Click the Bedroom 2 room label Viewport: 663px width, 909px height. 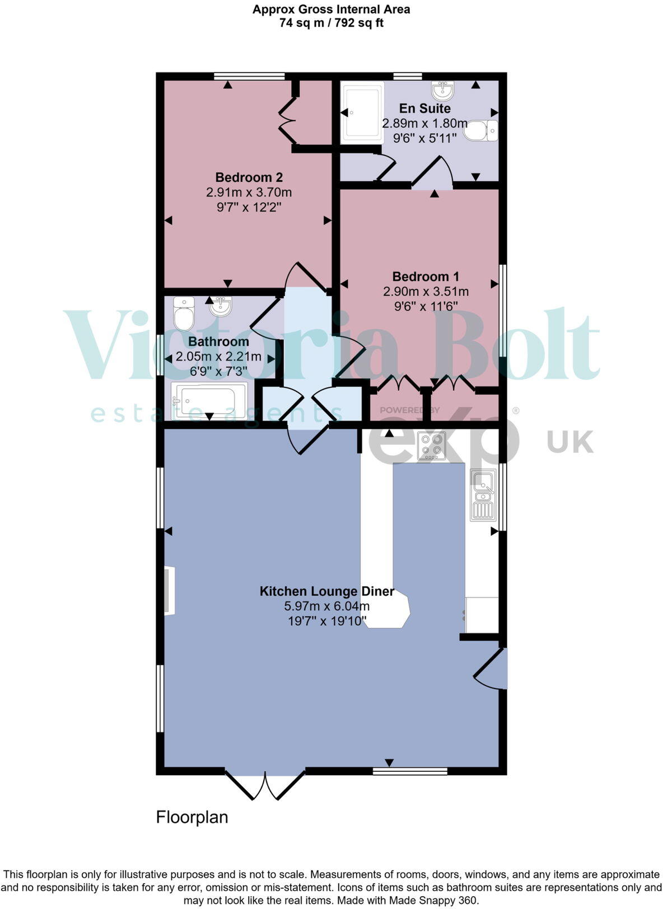coord(249,177)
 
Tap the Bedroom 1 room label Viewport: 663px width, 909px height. coord(426,277)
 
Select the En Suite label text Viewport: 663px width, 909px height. coord(424,108)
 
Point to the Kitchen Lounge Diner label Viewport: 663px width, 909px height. coord(326,591)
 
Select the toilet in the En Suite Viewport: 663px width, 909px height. coord(480,130)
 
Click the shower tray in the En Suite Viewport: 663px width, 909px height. coord(363,112)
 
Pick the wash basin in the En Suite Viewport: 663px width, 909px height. coord(442,89)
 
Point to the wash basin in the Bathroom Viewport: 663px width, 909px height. coord(221,306)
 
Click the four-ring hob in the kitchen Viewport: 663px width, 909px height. coord(431,446)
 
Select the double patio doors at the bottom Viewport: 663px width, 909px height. coord(265,785)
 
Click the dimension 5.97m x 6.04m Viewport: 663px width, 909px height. coord(326,606)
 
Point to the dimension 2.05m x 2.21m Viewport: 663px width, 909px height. coord(218,357)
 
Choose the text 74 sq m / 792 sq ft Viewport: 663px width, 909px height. coord(331,23)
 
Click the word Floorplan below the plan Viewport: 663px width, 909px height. coord(192,817)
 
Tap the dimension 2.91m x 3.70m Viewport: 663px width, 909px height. coord(249,193)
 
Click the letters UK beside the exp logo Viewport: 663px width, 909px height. coord(570,441)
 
